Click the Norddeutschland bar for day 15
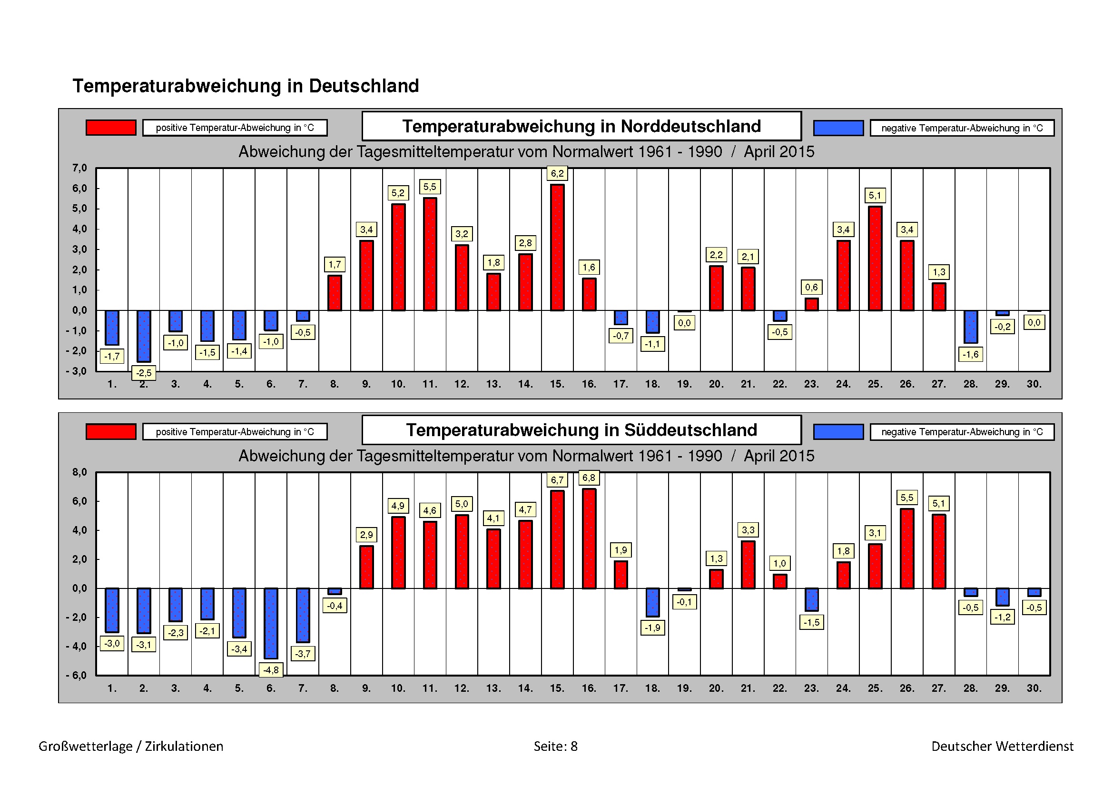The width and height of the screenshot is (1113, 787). tap(557, 247)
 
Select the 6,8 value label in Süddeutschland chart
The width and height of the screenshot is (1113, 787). tap(589, 478)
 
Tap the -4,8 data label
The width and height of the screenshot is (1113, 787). tap(271, 670)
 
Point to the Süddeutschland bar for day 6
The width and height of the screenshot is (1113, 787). tap(271, 623)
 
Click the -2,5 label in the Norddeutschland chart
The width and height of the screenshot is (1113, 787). tap(144, 373)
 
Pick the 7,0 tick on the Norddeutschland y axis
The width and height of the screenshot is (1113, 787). tap(79, 168)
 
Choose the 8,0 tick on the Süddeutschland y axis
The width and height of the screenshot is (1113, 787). tap(79, 472)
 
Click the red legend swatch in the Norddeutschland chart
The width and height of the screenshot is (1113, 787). tap(110, 128)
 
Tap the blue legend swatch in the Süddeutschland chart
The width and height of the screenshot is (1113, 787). tap(838, 431)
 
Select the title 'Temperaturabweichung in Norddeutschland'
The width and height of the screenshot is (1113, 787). tap(581, 126)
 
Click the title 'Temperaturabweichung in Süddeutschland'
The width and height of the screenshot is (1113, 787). tap(581, 430)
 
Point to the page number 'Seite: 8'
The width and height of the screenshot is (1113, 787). tap(555, 746)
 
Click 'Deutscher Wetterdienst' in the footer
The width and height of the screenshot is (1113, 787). tap(1002, 746)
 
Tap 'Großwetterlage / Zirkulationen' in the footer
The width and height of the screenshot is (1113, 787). tap(131, 746)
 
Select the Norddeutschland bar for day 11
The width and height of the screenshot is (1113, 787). tap(430, 254)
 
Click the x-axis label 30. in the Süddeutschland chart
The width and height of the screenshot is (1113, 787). tap(1034, 688)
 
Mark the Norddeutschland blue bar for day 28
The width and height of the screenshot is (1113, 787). tap(970, 326)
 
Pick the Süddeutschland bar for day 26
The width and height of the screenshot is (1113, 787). tap(906, 548)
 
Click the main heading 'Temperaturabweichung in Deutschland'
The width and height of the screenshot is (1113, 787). tap(246, 86)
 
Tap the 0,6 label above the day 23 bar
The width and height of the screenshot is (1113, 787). tap(811, 287)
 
